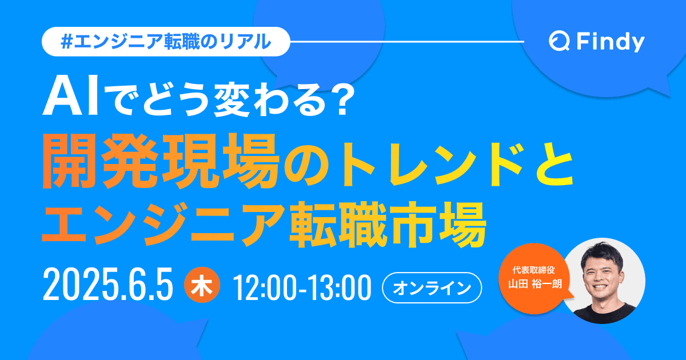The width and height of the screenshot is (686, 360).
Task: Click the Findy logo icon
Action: point(558,42)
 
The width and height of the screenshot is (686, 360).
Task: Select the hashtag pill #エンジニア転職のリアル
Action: point(166,42)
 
